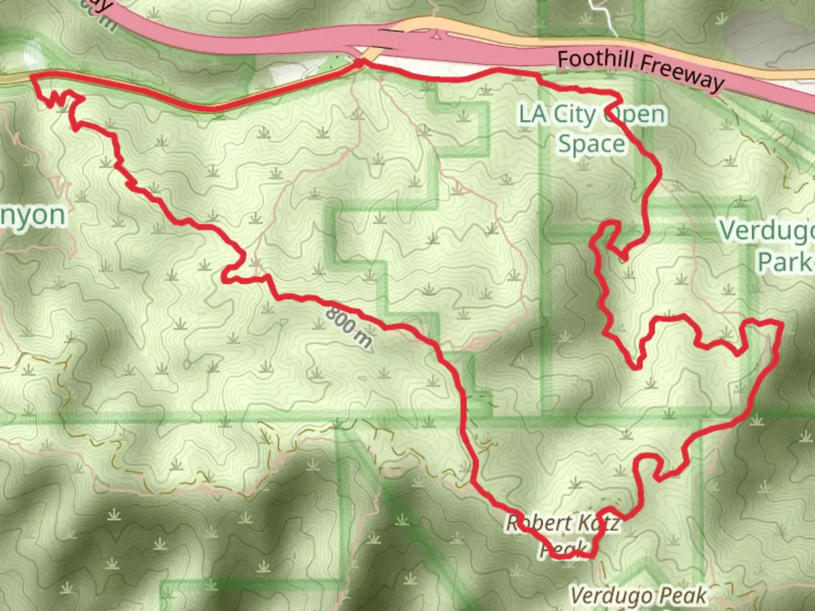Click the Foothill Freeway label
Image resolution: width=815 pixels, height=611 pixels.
[640, 70]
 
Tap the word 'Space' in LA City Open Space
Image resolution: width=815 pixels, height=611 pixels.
[591, 144]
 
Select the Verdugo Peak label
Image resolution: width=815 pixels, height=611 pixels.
[638, 595]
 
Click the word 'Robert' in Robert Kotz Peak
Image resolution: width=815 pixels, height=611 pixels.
[529, 523]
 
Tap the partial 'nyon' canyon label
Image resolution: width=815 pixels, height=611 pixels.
[33, 216]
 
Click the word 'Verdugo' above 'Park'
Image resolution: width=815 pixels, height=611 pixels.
[767, 231]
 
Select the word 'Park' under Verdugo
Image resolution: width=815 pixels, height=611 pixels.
[784, 262]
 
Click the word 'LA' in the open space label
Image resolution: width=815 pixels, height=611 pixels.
[533, 114]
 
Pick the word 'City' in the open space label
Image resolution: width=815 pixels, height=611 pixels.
[574, 115]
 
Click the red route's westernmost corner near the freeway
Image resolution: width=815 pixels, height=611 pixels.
[32, 75]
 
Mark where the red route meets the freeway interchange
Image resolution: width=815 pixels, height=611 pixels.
[361, 62]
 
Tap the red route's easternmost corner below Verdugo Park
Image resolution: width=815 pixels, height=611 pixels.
[780, 325]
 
